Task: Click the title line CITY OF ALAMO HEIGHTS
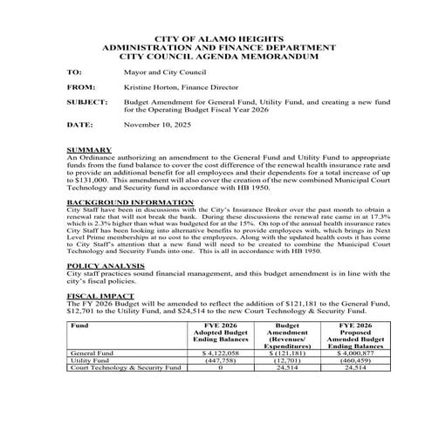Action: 216,40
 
